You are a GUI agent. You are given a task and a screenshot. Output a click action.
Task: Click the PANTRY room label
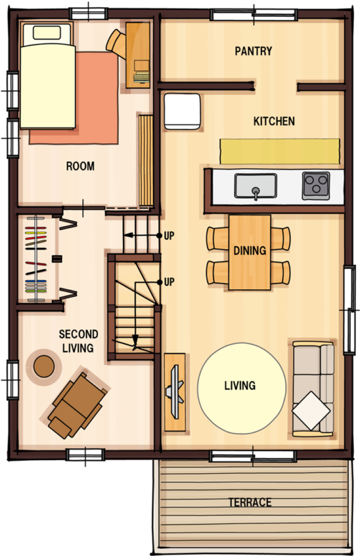(253, 51)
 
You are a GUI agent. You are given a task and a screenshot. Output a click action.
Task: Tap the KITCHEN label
(274, 121)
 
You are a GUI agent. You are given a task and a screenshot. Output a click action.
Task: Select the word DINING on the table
(249, 251)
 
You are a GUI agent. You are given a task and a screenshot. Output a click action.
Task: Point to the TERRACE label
(249, 502)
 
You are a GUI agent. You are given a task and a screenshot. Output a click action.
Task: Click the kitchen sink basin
(255, 186)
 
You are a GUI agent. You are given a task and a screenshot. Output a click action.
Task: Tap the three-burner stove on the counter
(316, 186)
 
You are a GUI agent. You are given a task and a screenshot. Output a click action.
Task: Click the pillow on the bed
(47, 33)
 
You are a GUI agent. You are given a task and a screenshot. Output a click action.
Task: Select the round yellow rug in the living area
(242, 388)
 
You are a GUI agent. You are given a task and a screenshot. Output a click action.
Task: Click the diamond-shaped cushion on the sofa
(311, 411)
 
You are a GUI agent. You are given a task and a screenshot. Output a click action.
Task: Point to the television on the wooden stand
(175, 391)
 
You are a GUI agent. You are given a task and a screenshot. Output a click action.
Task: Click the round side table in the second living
(44, 366)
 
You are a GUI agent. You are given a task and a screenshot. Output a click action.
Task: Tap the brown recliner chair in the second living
(77, 404)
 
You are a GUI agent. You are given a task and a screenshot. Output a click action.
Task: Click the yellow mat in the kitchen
(279, 151)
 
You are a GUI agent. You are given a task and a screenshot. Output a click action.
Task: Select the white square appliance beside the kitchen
(182, 111)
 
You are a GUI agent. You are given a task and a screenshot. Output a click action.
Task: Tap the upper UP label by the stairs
(169, 236)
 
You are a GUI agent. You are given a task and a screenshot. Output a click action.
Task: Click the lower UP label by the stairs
(169, 282)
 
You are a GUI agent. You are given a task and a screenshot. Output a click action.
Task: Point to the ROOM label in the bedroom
(80, 166)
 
